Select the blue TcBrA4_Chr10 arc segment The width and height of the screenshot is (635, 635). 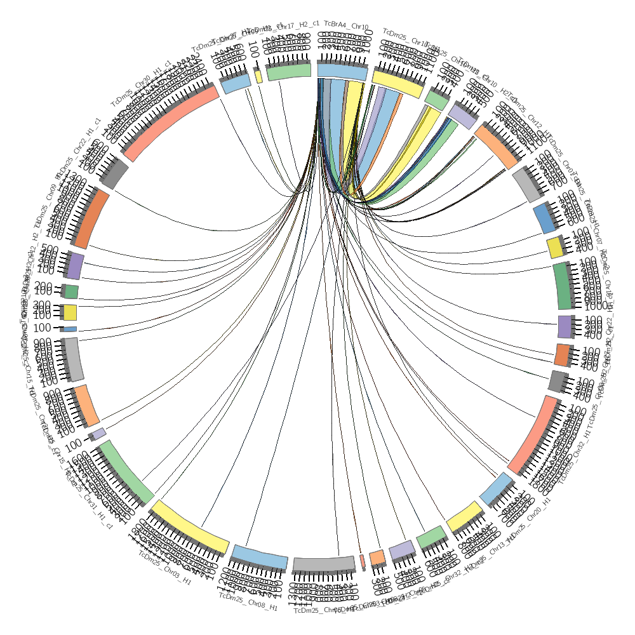(342, 72)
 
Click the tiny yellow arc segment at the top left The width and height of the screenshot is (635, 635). (258, 75)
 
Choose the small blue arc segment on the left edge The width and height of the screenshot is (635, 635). (70, 329)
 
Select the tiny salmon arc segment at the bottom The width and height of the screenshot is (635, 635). (362, 561)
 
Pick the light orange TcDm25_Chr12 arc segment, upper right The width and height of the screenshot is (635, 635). (497, 145)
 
